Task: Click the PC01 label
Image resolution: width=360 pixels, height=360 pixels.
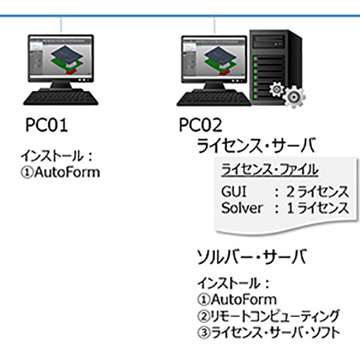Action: click(x=46, y=125)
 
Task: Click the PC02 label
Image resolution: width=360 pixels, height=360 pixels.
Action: click(x=200, y=125)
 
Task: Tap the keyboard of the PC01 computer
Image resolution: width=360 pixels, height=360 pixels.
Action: click(x=61, y=98)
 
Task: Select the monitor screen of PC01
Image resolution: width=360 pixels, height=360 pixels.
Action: click(x=61, y=58)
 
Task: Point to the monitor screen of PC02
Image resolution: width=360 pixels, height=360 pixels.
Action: click(x=214, y=59)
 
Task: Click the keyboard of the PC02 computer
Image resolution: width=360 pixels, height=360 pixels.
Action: click(x=214, y=99)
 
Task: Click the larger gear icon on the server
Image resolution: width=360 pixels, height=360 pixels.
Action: click(x=294, y=97)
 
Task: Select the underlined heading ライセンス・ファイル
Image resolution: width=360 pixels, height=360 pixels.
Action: click(x=269, y=170)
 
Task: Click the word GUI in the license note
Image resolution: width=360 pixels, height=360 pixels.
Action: click(x=234, y=191)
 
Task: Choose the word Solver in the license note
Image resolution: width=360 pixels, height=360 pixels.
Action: click(x=242, y=208)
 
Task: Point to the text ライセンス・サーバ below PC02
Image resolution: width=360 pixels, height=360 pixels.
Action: click(x=256, y=146)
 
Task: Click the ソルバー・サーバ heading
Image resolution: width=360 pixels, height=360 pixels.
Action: click(x=252, y=257)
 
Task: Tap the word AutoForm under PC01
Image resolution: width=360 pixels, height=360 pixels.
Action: click(x=67, y=172)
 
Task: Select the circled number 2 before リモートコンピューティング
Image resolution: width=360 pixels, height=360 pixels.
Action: click(x=203, y=316)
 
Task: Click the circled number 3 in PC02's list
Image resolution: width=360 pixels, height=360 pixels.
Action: click(x=203, y=332)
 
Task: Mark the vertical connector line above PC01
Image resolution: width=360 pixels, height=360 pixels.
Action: click(x=61, y=25)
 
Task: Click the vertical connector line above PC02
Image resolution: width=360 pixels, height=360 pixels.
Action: click(x=214, y=25)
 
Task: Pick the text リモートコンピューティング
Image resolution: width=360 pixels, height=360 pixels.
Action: click(x=275, y=316)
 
